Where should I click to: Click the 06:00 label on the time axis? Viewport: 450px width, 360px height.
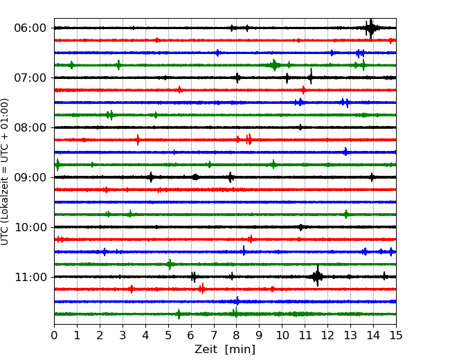(x=30, y=28)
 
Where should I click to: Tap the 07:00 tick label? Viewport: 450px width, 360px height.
(x=30, y=78)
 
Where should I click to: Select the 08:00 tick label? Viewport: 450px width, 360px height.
(x=30, y=127)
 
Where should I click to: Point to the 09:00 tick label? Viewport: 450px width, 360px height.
(x=30, y=177)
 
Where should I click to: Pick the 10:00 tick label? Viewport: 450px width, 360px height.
(x=30, y=227)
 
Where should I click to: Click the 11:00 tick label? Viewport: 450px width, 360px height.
(x=30, y=277)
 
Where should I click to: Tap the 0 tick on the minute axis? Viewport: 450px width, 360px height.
(x=54, y=335)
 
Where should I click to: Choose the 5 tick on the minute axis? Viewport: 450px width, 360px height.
(x=168, y=335)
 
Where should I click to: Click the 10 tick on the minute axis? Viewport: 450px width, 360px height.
(x=282, y=335)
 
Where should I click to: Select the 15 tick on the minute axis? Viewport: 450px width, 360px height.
(x=396, y=335)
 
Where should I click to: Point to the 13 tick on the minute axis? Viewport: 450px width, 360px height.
(x=350, y=335)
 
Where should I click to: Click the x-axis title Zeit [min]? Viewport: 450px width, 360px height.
(x=225, y=349)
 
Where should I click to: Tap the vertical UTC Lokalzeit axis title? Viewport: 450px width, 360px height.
(x=5, y=172)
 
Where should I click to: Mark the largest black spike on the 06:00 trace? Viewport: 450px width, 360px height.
(x=371, y=28)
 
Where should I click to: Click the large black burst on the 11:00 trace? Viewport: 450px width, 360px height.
(x=317, y=276)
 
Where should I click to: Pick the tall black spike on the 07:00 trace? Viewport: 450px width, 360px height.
(x=311, y=77)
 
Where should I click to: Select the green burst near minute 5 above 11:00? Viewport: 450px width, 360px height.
(x=170, y=264)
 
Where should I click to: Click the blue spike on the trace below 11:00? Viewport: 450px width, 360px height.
(x=237, y=301)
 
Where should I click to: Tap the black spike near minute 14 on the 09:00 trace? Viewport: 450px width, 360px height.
(x=372, y=177)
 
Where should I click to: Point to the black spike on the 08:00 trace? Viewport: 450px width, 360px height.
(x=300, y=127)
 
